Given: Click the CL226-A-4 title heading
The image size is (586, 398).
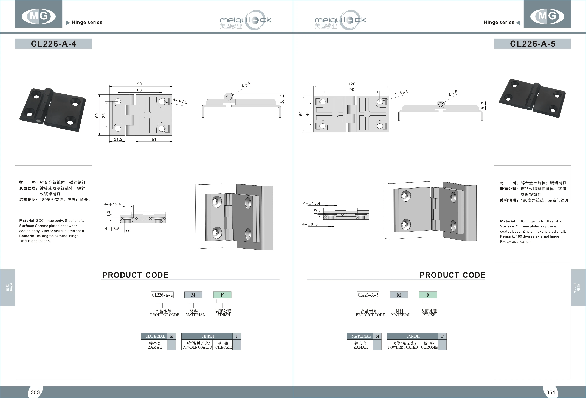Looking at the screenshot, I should pos(53,44).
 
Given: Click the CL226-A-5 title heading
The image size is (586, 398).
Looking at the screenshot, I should pos(532,44).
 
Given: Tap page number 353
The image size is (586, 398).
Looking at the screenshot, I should pos(35,392).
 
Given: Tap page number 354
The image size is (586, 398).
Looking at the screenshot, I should pos(550,392).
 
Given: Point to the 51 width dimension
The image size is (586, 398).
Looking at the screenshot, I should pos(154,139).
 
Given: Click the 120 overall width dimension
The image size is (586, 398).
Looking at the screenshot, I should pos(352,84).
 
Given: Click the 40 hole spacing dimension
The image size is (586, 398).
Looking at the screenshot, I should pos(307,114).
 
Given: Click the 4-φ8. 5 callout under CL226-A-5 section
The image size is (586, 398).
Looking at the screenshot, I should pos(310,224).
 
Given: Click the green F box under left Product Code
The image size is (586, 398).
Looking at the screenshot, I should pos(222,295).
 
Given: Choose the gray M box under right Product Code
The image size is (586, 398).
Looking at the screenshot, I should pos(399,295).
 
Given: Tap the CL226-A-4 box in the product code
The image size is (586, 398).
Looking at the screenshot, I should pos(162,295).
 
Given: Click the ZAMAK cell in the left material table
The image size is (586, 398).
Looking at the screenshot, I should pos(155,345).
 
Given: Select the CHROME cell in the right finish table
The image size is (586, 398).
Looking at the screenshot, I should pos(429,345).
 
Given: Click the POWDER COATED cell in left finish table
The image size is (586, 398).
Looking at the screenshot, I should pos(197,345).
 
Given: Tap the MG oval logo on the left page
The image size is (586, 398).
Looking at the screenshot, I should pos(39,16).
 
